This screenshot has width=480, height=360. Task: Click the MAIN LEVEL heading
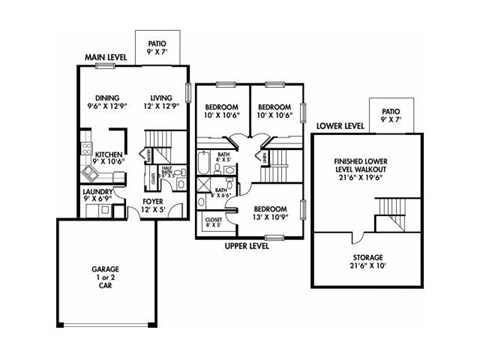coord(109,58)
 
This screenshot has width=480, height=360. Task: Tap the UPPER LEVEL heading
coord(248,244)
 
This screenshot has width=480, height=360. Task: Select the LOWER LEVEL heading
coord(338,127)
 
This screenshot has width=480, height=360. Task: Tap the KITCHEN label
coord(109,154)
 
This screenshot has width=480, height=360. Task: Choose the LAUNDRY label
coord(98,190)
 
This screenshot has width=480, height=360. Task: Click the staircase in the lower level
coord(389,213)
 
